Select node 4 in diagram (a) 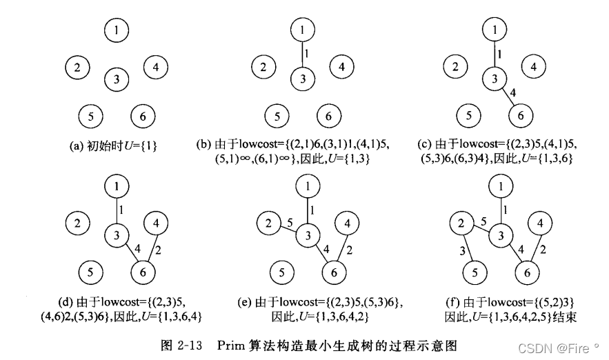click(156, 68)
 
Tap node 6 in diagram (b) click(329, 116)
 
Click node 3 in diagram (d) click(118, 235)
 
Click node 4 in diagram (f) click(540, 224)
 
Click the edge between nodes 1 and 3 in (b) click(302, 54)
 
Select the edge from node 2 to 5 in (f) click(466, 248)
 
